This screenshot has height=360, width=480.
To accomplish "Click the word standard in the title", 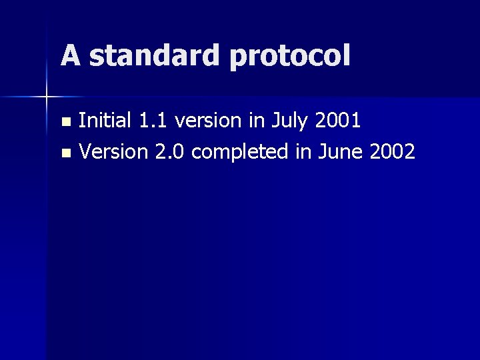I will point(155,55).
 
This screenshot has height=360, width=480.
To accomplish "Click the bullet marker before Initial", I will point(65,122).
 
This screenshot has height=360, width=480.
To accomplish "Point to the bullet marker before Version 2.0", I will point(65,153).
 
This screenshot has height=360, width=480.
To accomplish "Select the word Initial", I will point(105,121).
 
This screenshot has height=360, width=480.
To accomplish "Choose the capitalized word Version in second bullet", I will point(113,152).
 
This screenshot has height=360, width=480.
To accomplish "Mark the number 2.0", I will point(171,152).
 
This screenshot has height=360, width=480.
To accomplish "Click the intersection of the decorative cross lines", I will point(47,97).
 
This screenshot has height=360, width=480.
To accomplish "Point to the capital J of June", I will point(323,152).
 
